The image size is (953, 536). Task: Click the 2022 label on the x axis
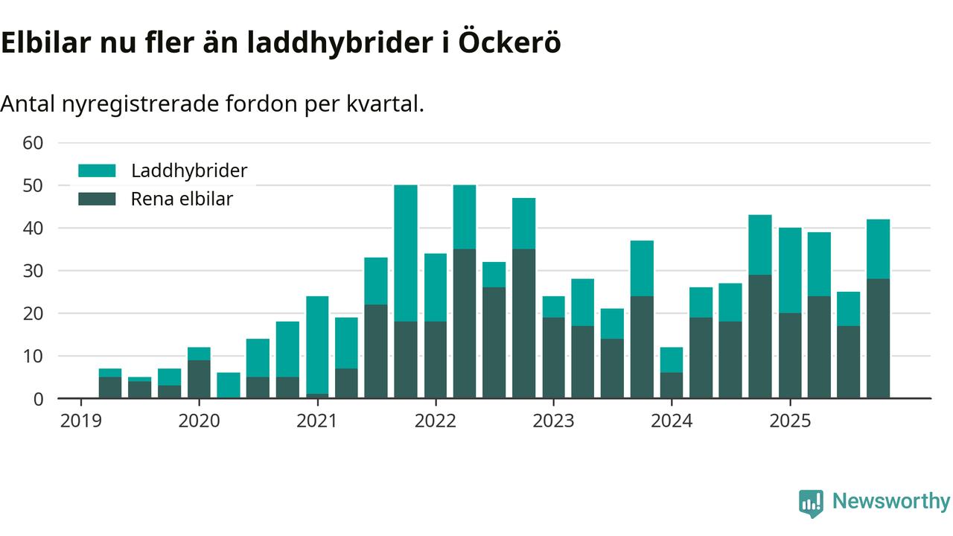[x=435, y=421]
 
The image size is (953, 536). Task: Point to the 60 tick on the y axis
[x=34, y=142]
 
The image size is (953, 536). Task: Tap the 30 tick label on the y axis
[x=34, y=271]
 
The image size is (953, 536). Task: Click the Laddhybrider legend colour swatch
[x=97, y=170]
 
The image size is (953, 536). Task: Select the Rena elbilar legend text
[x=182, y=200]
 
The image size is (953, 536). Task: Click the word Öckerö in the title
[x=509, y=43]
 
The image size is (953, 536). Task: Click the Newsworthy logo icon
[x=811, y=502]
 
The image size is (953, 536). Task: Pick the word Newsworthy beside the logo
[x=890, y=502]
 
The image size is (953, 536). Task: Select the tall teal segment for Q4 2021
[x=406, y=253]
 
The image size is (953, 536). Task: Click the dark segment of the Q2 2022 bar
[x=465, y=324]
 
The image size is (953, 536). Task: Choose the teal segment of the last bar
[x=878, y=249]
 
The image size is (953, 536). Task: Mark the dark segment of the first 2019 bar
[x=110, y=387]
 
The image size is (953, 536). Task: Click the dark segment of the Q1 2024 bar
[x=672, y=386]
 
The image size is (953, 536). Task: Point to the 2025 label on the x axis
[x=790, y=421]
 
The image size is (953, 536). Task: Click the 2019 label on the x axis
[x=80, y=421]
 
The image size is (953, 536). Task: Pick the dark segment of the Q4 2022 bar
[x=523, y=324]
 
